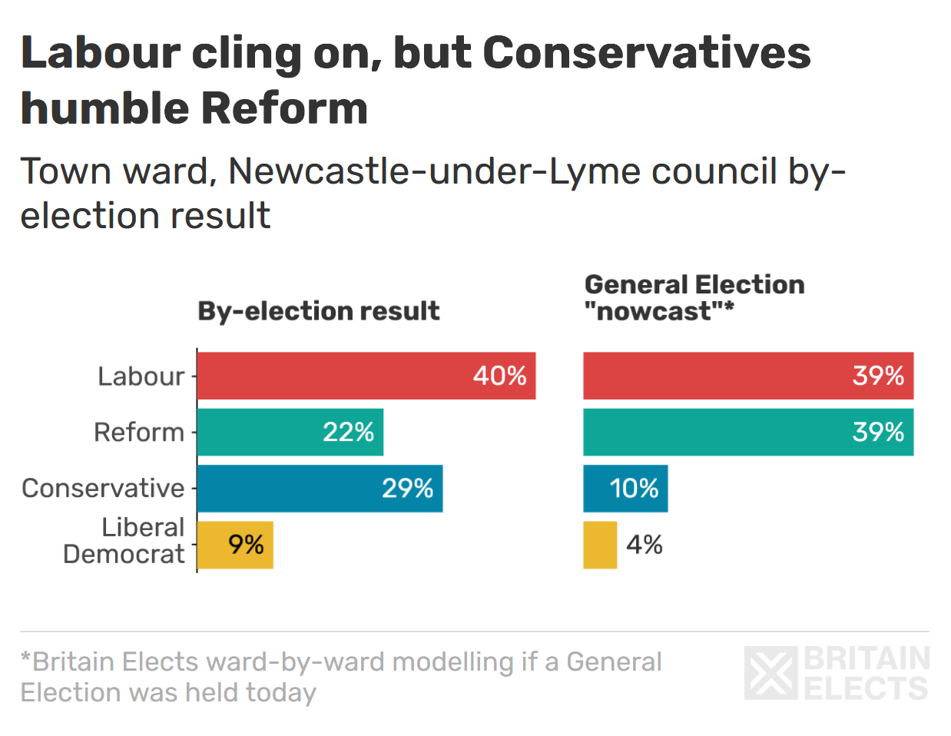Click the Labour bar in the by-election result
click(x=366, y=376)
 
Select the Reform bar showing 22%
click(x=290, y=432)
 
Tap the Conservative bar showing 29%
click(x=320, y=489)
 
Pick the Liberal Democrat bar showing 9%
click(x=235, y=545)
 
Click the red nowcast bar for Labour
click(x=747, y=376)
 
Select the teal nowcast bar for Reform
click(x=747, y=432)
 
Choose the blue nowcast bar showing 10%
click(x=625, y=489)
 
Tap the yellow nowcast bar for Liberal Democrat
click(x=599, y=545)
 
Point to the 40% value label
click(x=499, y=376)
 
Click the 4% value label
click(x=644, y=545)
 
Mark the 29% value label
click(x=407, y=489)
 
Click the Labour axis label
click(x=141, y=376)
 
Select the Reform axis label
click(x=138, y=433)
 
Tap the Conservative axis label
click(x=103, y=489)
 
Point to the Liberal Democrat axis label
click(x=124, y=541)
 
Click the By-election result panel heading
click(x=318, y=311)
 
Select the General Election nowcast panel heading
click(x=694, y=298)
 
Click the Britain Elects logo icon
click(x=770, y=674)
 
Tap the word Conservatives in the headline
click(x=646, y=53)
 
